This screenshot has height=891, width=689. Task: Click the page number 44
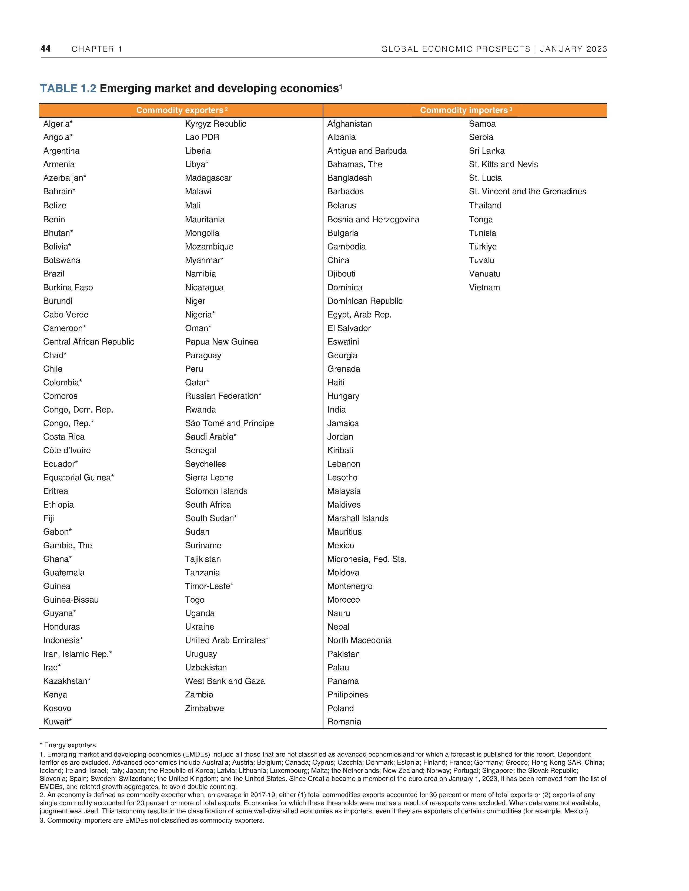point(45,49)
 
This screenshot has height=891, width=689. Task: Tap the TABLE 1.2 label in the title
point(68,89)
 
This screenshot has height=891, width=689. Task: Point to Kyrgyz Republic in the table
point(216,124)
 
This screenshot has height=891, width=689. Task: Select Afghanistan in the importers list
point(349,124)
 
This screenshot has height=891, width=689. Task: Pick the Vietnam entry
point(484,287)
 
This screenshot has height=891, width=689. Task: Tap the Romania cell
point(344,722)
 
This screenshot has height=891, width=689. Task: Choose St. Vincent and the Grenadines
point(527,192)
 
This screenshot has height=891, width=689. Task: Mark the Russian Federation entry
point(223,396)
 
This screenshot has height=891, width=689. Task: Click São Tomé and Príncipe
point(229,423)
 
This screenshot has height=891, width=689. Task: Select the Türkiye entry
point(483,247)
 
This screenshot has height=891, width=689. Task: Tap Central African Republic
point(89,342)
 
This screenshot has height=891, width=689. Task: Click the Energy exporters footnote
point(69,745)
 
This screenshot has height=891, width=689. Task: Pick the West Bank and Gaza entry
point(225,681)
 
